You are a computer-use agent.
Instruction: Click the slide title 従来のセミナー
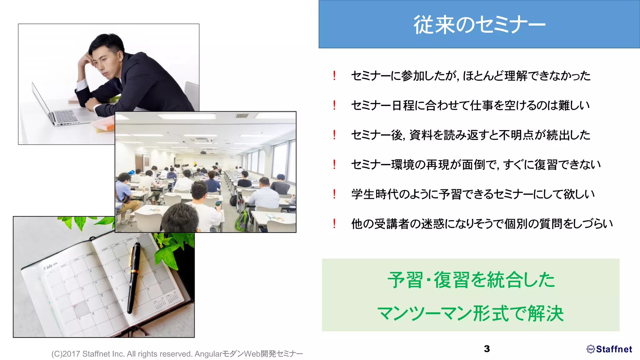click(x=479, y=24)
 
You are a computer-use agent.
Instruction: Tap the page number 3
click(x=487, y=349)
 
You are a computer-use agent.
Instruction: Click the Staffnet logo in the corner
click(x=609, y=349)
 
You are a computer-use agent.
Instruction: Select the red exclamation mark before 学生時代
click(x=334, y=194)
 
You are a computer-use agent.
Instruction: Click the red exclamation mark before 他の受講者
click(x=334, y=223)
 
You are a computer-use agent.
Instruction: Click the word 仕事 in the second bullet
click(x=482, y=106)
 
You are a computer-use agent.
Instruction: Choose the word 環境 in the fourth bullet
click(x=402, y=165)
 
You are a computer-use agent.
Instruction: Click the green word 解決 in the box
click(x=546, y=313)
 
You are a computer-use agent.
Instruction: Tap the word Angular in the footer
click(x=208, y=354)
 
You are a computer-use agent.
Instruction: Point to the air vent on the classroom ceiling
click(x=242, y=116)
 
